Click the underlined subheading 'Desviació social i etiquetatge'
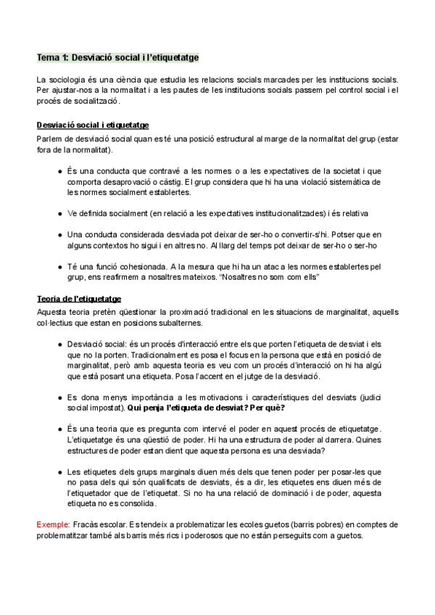(93, 125)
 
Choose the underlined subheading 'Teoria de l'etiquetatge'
(79, 299)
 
